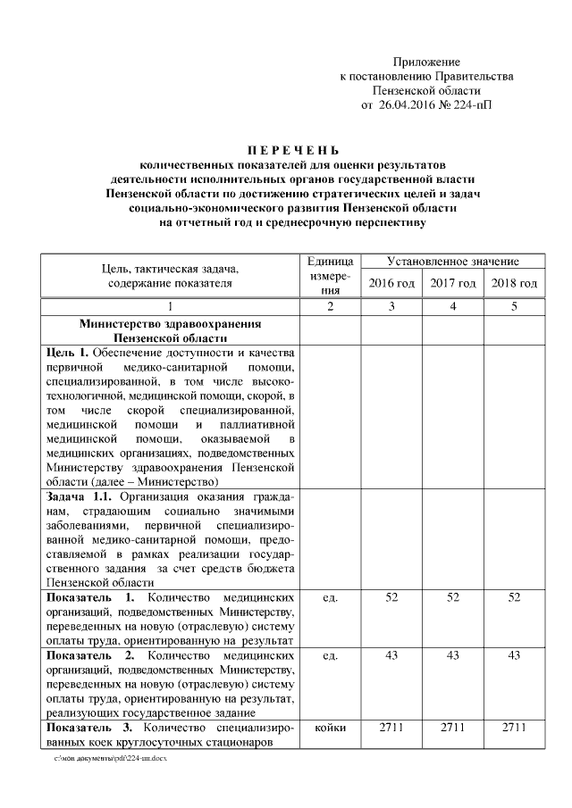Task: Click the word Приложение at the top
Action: [426, 62]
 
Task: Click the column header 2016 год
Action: [391, 283]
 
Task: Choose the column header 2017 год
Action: [452, 283]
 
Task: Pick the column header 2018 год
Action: [514, 283]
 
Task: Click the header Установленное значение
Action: [452, 262]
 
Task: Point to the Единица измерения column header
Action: [330, 275]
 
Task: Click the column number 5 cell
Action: [514, 307]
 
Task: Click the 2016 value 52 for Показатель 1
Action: [391, 596]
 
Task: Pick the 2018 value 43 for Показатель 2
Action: [514, 655]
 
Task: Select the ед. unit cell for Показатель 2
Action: [330, 655]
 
